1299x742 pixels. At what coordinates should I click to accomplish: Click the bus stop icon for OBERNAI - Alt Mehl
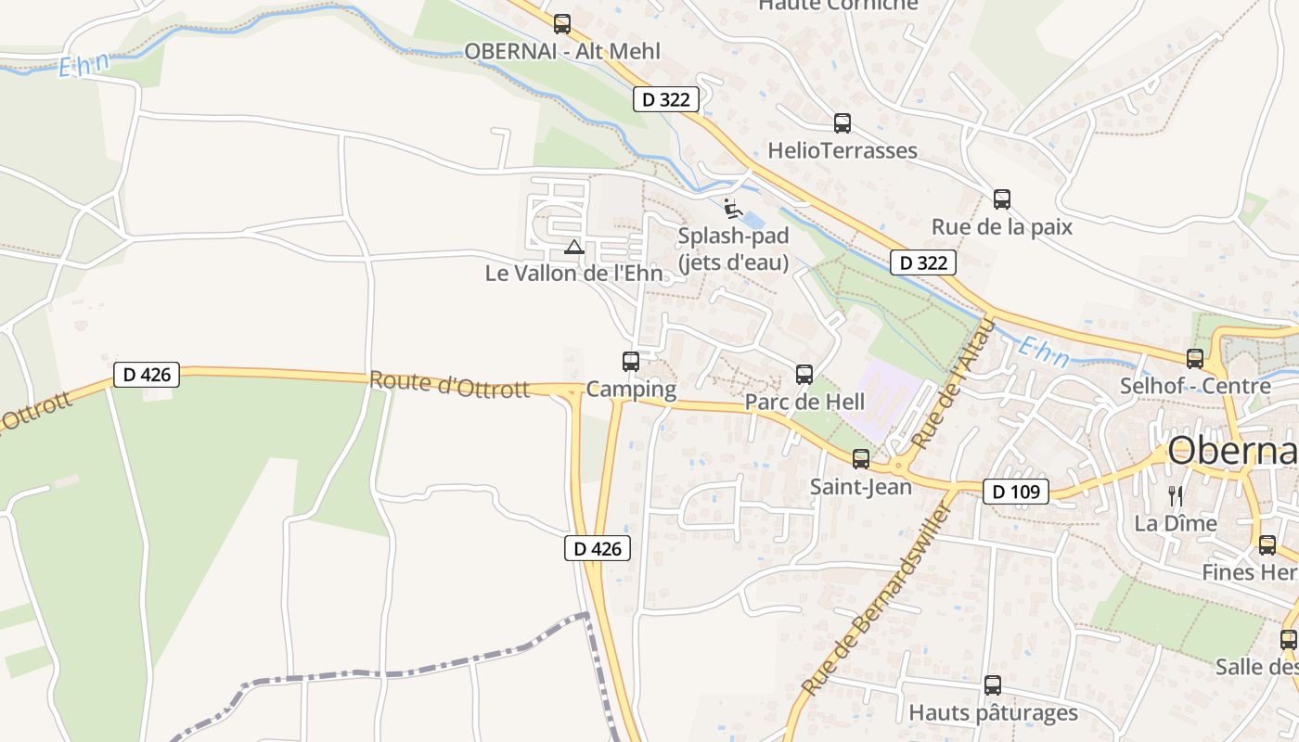(x=562, y=24)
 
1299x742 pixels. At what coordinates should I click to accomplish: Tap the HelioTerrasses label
(x=842, y=150)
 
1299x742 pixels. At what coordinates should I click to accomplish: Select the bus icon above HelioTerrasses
(x=842, y=122)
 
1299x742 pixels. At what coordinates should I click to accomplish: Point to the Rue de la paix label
(x=1002, y=227)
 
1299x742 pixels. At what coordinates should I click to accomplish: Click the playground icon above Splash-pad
(x=732, y=207)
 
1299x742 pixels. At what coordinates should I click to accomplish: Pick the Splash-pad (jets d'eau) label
(x=733, y=249)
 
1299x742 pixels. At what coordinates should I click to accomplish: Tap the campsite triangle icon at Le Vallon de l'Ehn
(x=574, y=247)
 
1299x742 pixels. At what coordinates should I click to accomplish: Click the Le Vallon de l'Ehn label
(x=574, y=274)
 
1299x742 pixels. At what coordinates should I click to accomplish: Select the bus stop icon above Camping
(x=631, y=362)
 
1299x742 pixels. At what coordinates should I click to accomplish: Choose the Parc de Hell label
(x=804, y=403)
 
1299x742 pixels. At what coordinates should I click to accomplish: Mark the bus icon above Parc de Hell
(x=804, y=375)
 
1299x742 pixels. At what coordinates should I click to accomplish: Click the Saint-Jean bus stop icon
(x=861, y=458)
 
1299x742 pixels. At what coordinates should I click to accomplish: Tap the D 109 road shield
(x=1016, y=492)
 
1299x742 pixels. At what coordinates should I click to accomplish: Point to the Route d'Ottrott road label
(x=449, y=384)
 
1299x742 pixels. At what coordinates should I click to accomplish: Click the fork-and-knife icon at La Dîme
(x=1176, y=495)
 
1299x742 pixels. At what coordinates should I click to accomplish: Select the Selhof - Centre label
(x=1195, y=386)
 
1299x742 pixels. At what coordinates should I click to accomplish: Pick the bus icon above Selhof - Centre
(x=1195, y=358)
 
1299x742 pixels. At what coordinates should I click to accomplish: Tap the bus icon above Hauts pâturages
(x=993, y=685)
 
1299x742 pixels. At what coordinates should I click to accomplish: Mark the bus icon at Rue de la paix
(x=1002, y=198)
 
